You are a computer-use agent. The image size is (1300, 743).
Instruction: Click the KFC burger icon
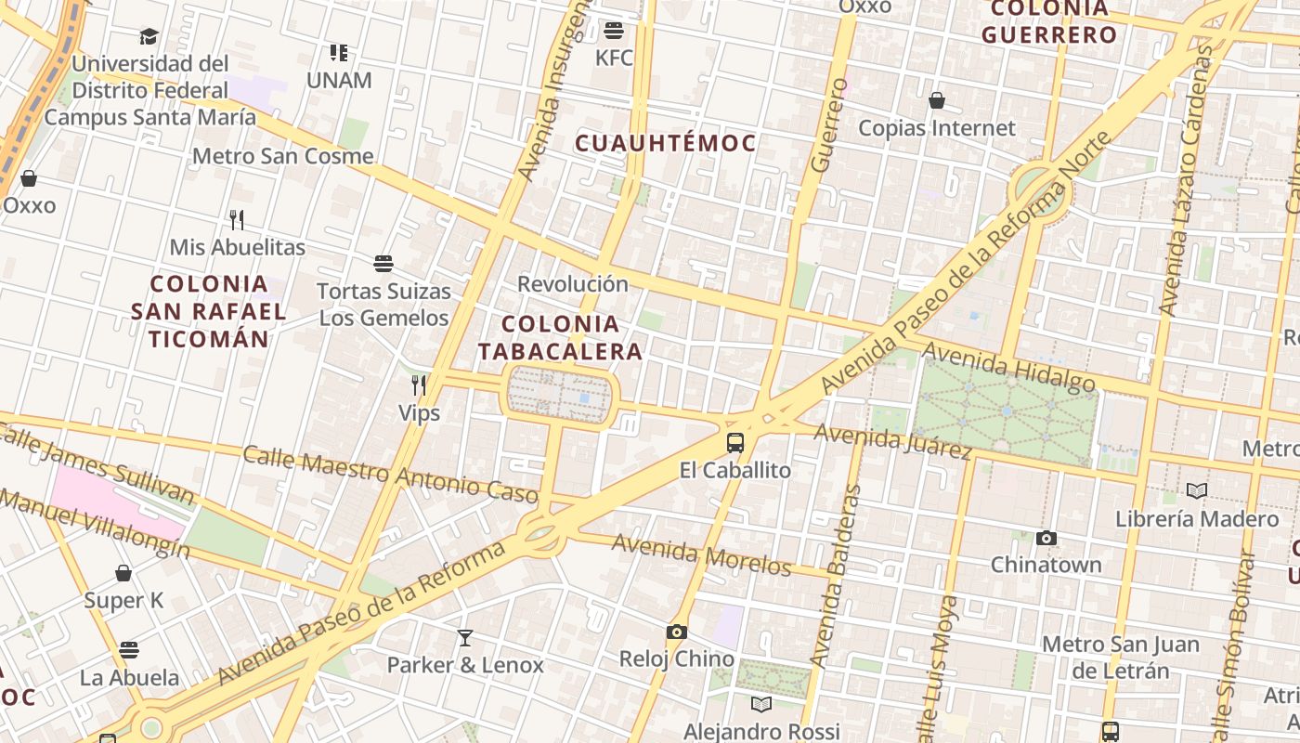tap(613, 31)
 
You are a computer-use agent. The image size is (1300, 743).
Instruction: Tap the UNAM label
tap(339, 80)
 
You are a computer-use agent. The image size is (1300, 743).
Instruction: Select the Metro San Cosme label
tap(282, 156)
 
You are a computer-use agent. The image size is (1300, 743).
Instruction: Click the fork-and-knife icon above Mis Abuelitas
tap(237, 220)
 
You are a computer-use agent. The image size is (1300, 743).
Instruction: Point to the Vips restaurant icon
tap(419, 385)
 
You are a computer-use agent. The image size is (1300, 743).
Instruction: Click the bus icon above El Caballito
tap(735, 443)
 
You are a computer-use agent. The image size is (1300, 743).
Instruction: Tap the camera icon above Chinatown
tap(1046, 538)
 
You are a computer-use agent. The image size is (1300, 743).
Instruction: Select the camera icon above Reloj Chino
tap(677, 632)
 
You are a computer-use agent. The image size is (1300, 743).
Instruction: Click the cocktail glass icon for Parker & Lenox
tap(465, 638)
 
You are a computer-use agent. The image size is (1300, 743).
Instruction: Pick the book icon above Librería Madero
tap(1197, 490)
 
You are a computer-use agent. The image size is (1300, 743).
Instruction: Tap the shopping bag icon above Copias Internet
tap(937, 100)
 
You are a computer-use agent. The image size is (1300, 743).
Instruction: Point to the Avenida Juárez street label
tap(892, 441)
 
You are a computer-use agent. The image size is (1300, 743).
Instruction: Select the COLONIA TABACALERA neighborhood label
tap(561, 337)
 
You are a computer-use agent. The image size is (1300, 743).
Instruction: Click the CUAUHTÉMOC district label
tap(665, 143)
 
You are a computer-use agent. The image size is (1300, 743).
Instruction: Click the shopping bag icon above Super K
tap(123, 573)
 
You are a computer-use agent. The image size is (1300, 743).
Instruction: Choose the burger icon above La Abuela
tap(129, 649)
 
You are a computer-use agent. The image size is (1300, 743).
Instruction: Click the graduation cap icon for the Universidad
tap(149, 36)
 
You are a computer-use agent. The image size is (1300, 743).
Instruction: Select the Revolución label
tap(573, 283)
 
